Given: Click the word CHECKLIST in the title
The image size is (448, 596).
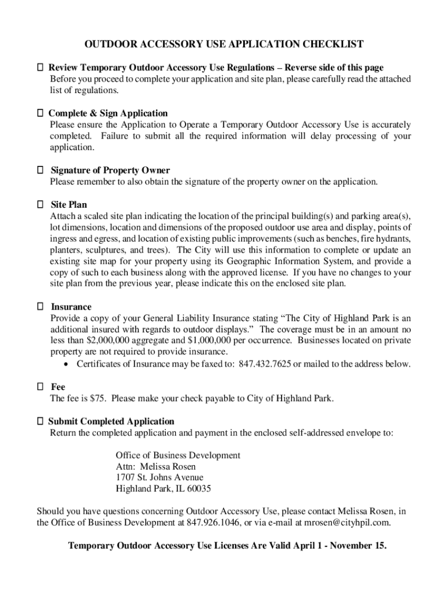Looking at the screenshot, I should click(331, 44).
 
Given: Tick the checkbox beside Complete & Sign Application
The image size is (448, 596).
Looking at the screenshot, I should click(40, 113).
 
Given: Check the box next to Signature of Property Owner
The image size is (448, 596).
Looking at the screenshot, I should click(40, 170).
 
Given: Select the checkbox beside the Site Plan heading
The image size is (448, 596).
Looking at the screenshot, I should click(40, 204).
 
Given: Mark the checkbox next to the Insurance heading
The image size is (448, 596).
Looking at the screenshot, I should click(40, 306).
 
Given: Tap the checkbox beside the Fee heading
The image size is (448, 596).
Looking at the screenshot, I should click(40, 386).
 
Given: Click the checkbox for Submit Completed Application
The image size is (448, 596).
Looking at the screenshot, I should click(40, 421).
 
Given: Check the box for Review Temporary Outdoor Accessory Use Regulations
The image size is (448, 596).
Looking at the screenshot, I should click(40, 68).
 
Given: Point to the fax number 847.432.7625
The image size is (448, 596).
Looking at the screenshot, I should click(265, 364).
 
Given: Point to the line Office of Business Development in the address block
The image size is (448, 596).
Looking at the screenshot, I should click(177, 455).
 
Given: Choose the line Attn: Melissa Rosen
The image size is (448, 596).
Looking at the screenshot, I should click(155, 466).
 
